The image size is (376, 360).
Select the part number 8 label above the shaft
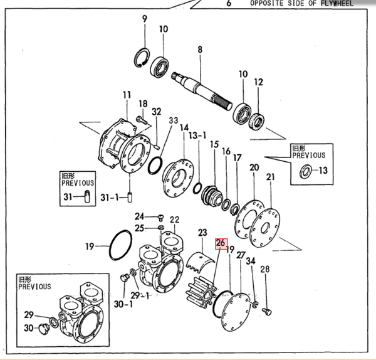200,50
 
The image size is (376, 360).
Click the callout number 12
258,82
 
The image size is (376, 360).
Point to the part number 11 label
127,95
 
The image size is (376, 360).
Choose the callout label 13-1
198,135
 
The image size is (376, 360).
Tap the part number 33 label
174,120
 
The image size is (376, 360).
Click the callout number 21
270,177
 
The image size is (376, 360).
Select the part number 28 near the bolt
264,269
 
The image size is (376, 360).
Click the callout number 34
250,260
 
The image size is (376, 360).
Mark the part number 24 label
140,215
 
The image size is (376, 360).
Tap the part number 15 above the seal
214,144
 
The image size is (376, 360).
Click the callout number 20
254,167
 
